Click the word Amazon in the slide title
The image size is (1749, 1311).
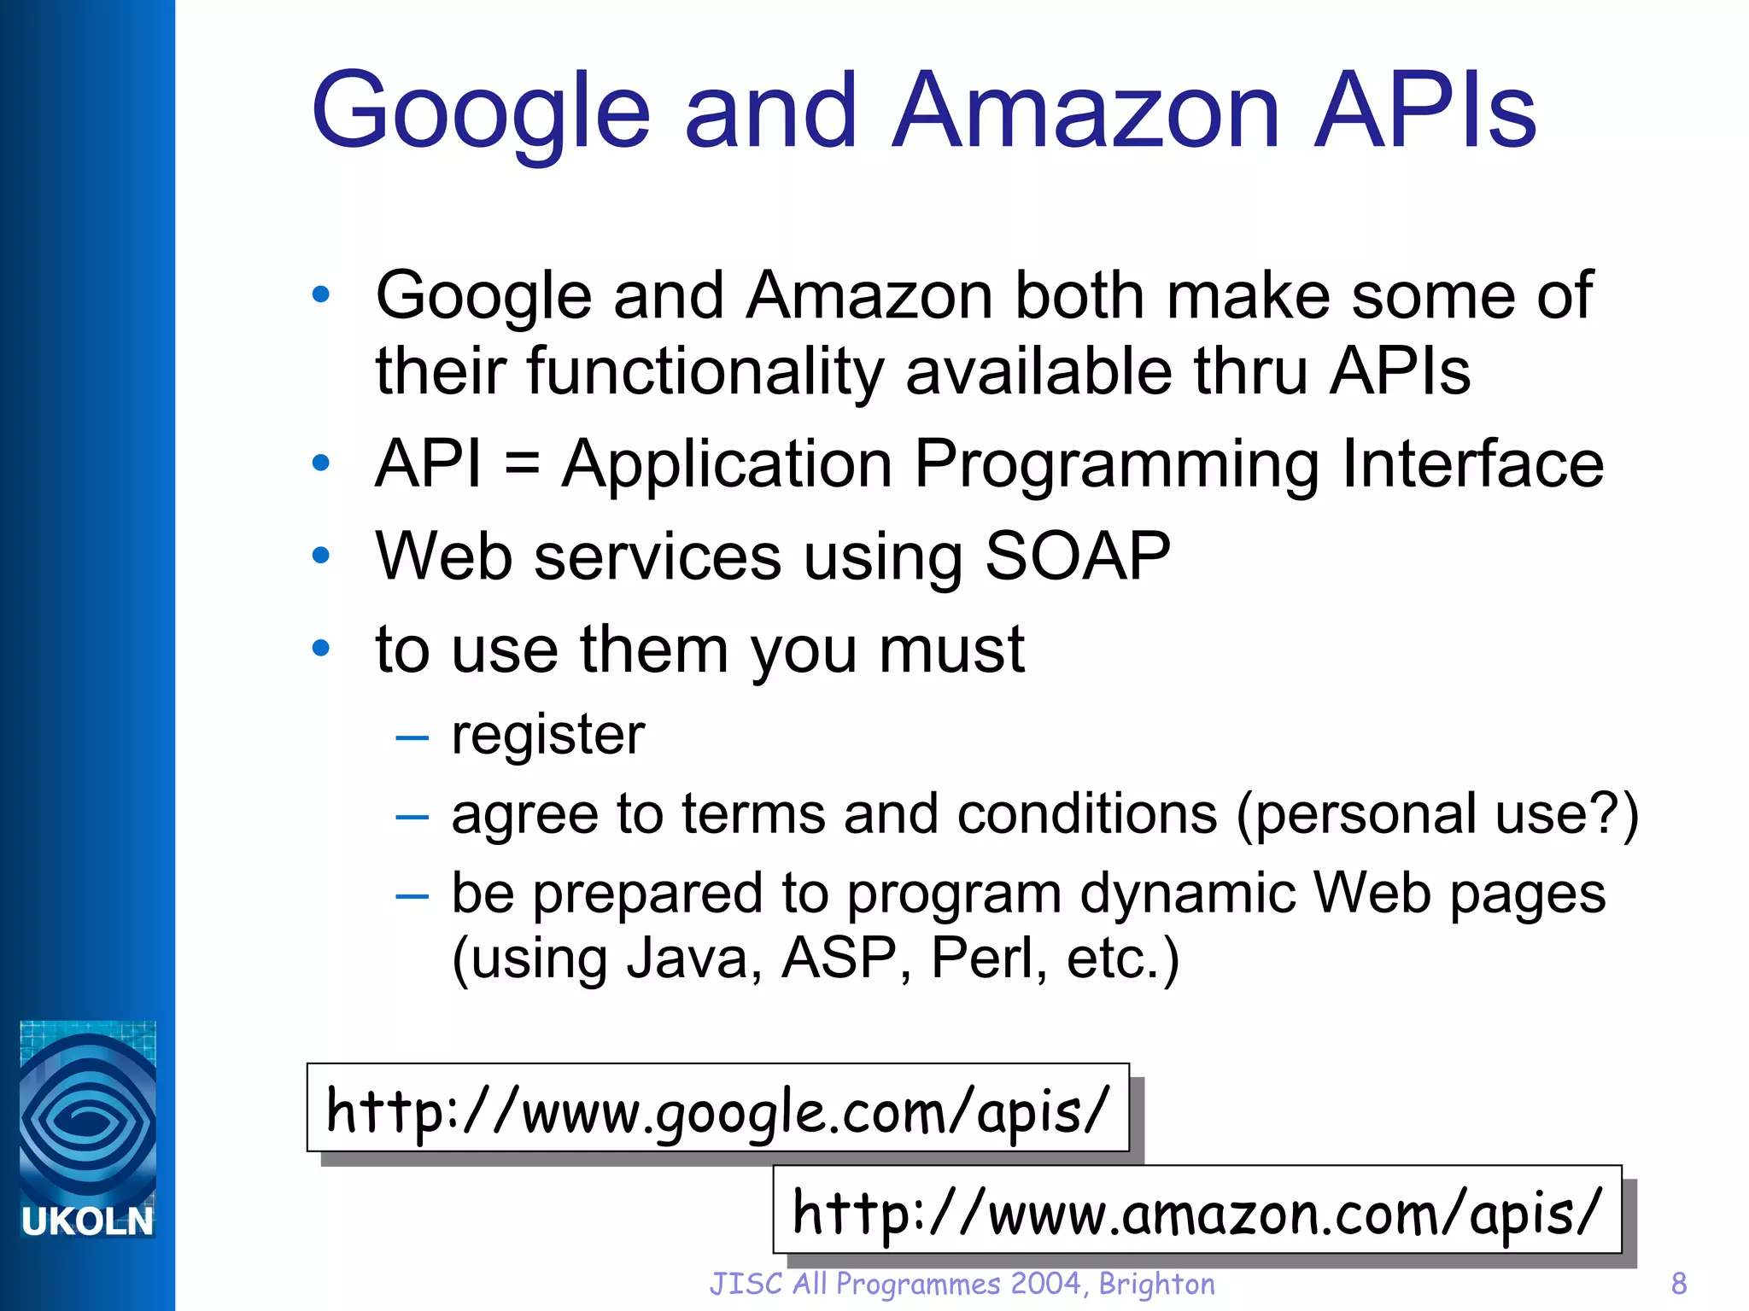pyautogui.click(x=1085, y=111)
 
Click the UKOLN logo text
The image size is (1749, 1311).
pyautogui.click(x=87, y=1221)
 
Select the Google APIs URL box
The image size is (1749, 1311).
pyautogui.click(x=717, y=1109)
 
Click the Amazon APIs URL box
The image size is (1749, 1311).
pyautogui.click(x=1196, y=1210)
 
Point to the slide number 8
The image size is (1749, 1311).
pyautogui.click(x=1678, y=1284)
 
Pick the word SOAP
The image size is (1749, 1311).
pyautogui.click(x=1077, y=556)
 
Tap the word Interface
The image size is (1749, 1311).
pyautogui.click(x=1472, y=464)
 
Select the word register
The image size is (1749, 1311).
pyautogui.click(x=547, y=735)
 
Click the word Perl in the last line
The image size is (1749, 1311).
pyautogui.click(x=981, y=958)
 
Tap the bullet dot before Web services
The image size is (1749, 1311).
pyautogui.click(x=321, y=556)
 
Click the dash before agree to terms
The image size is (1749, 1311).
pyautogui.click(x=412, y=817)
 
